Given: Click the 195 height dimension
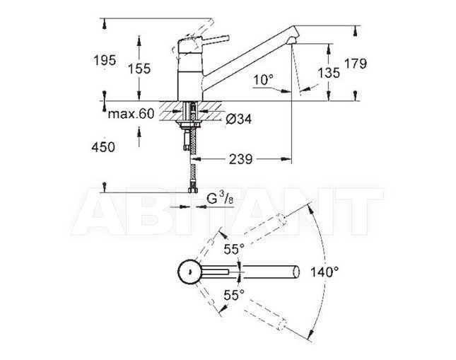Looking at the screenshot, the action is (105, 60).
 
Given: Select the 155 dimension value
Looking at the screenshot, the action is (139, 69).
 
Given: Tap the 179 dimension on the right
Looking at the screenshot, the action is (356, 63).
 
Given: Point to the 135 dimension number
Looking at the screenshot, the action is (329, 73).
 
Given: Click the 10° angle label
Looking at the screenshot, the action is (264, 80).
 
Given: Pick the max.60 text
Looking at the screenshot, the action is (131, 114).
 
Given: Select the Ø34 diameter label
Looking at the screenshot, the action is (239, 119).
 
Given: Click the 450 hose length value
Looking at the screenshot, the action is (103, 147).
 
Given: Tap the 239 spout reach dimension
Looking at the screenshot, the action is (241, 159).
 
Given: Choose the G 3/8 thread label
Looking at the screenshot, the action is (220, 199).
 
